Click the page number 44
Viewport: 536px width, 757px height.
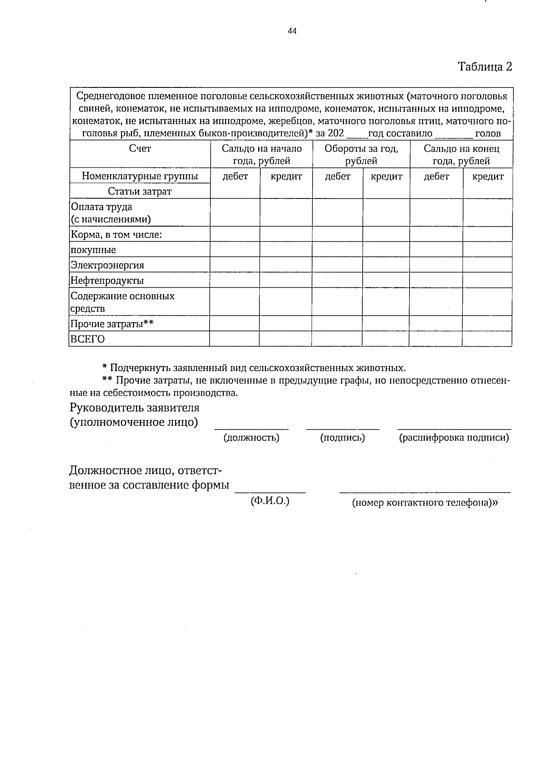[292, 31]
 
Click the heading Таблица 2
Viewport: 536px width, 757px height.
[485, 67]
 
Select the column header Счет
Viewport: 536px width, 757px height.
[140, 149]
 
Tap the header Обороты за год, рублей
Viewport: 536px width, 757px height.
[361, 154]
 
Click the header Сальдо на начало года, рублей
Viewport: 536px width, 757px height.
[261, 154]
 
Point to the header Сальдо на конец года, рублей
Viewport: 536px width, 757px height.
[461, 154]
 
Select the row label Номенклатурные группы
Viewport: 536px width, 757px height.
[140, 176]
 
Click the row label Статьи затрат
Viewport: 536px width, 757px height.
[140, 191]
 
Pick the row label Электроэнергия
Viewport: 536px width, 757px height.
[107, 265]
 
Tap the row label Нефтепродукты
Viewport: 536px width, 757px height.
[107, 281]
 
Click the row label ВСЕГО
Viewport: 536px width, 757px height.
[88, 339]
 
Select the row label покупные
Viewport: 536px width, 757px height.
[93, 250]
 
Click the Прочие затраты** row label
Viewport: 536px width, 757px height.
[112, 324]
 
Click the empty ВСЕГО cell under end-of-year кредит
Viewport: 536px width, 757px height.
[487, 339]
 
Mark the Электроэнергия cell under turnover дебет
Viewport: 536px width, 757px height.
[337, 265]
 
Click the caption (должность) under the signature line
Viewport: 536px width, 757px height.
[251, 438]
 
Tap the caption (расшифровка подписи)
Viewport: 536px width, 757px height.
[454, 438]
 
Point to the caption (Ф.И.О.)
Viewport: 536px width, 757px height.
[270, 501]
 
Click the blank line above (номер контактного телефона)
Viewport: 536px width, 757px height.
[425, 492]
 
